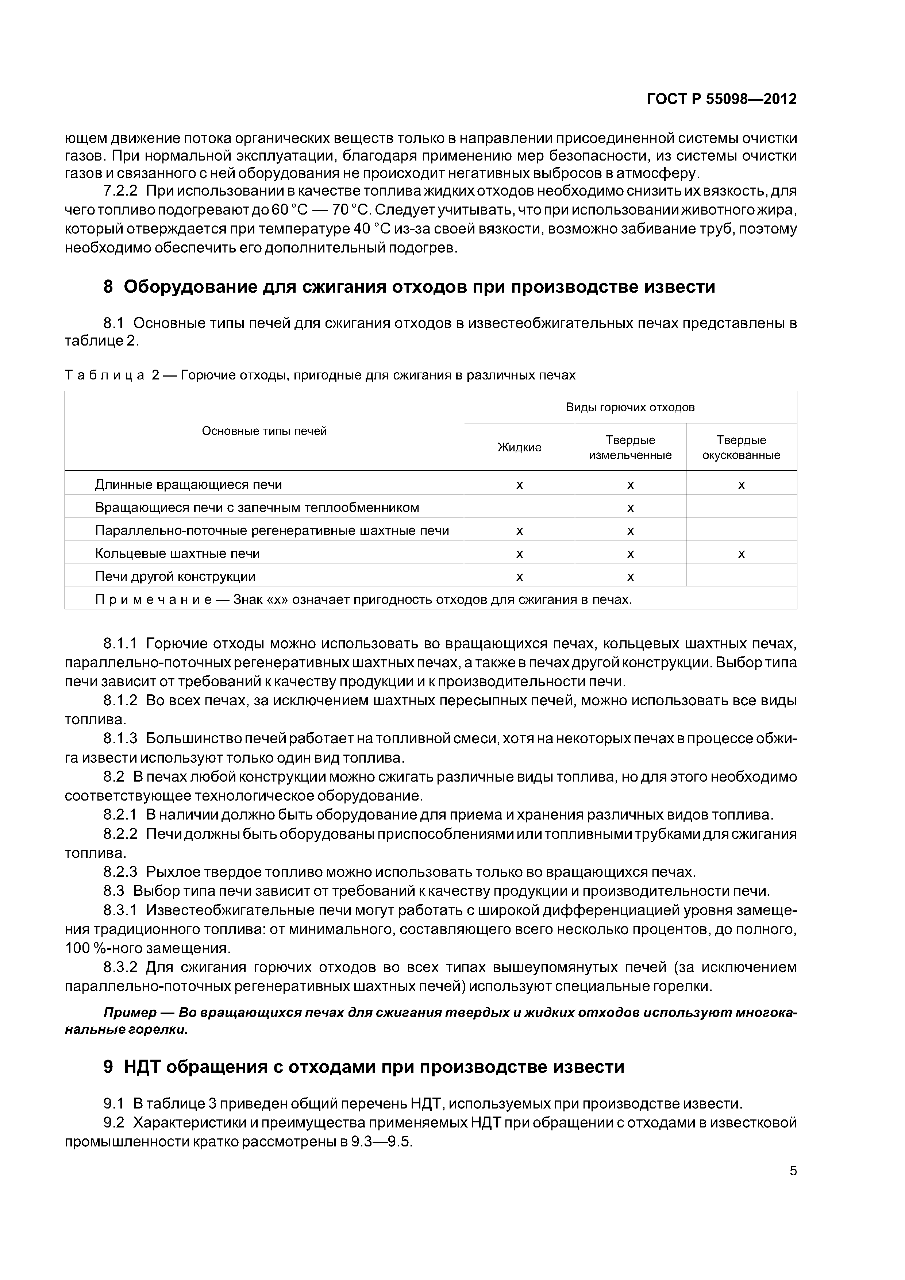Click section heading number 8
coord(108,287)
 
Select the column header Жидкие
coord(519,448)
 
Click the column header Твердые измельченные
coord(630,448)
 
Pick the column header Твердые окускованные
coord(741,448)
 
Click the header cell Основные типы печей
coord(264,431)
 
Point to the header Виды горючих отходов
coord(630,408)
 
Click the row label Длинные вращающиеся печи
coord(188,485)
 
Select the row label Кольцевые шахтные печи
coord(177,554)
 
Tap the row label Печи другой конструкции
coord(175,577)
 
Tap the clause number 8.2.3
coord(120,872)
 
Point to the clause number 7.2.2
coord(120,191)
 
